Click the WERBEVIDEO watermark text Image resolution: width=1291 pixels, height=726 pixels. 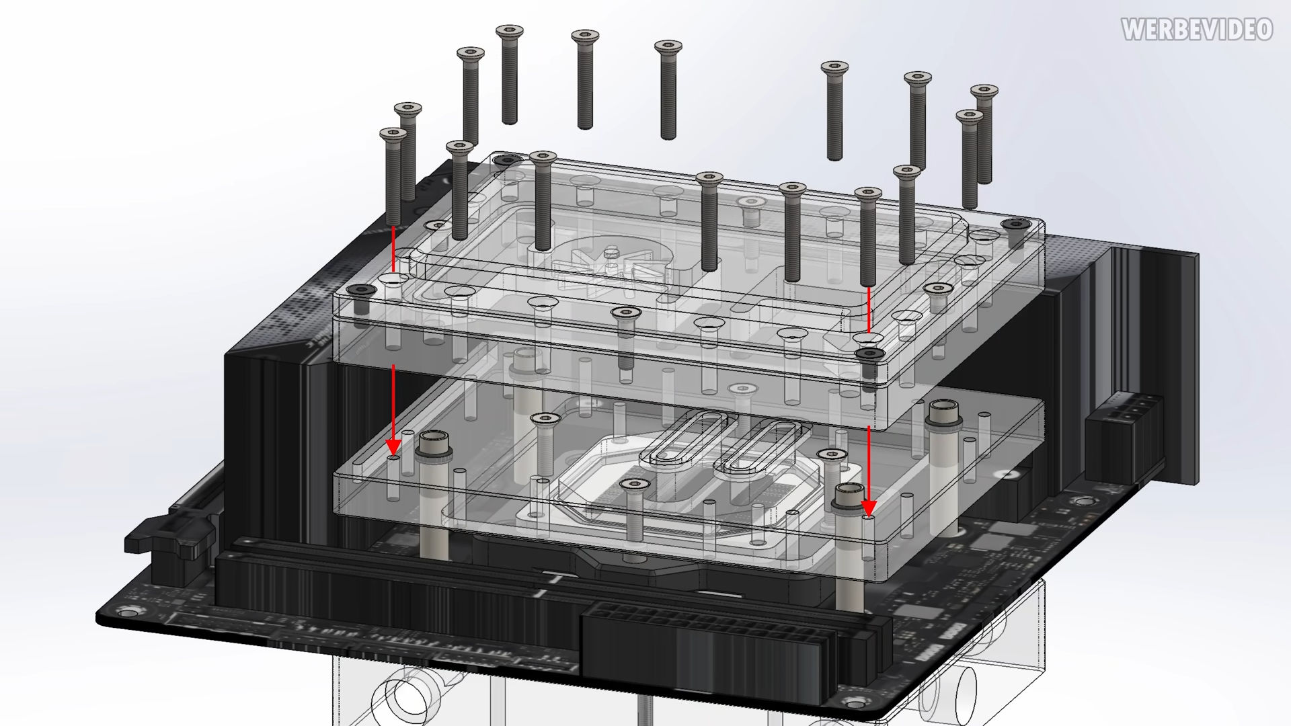coord(1197,30)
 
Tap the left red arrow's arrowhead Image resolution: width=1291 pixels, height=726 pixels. coord(393,446)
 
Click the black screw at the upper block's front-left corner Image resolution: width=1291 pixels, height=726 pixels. coord(362,290)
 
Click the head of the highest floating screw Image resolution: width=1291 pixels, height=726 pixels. coord(510,31)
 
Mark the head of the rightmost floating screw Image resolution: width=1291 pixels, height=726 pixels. coord(984,91)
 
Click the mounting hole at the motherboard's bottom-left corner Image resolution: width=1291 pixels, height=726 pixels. coord(124,612)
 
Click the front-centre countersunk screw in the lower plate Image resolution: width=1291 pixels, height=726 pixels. coord(633,485)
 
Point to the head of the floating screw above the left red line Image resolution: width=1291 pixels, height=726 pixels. coord(393,135)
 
